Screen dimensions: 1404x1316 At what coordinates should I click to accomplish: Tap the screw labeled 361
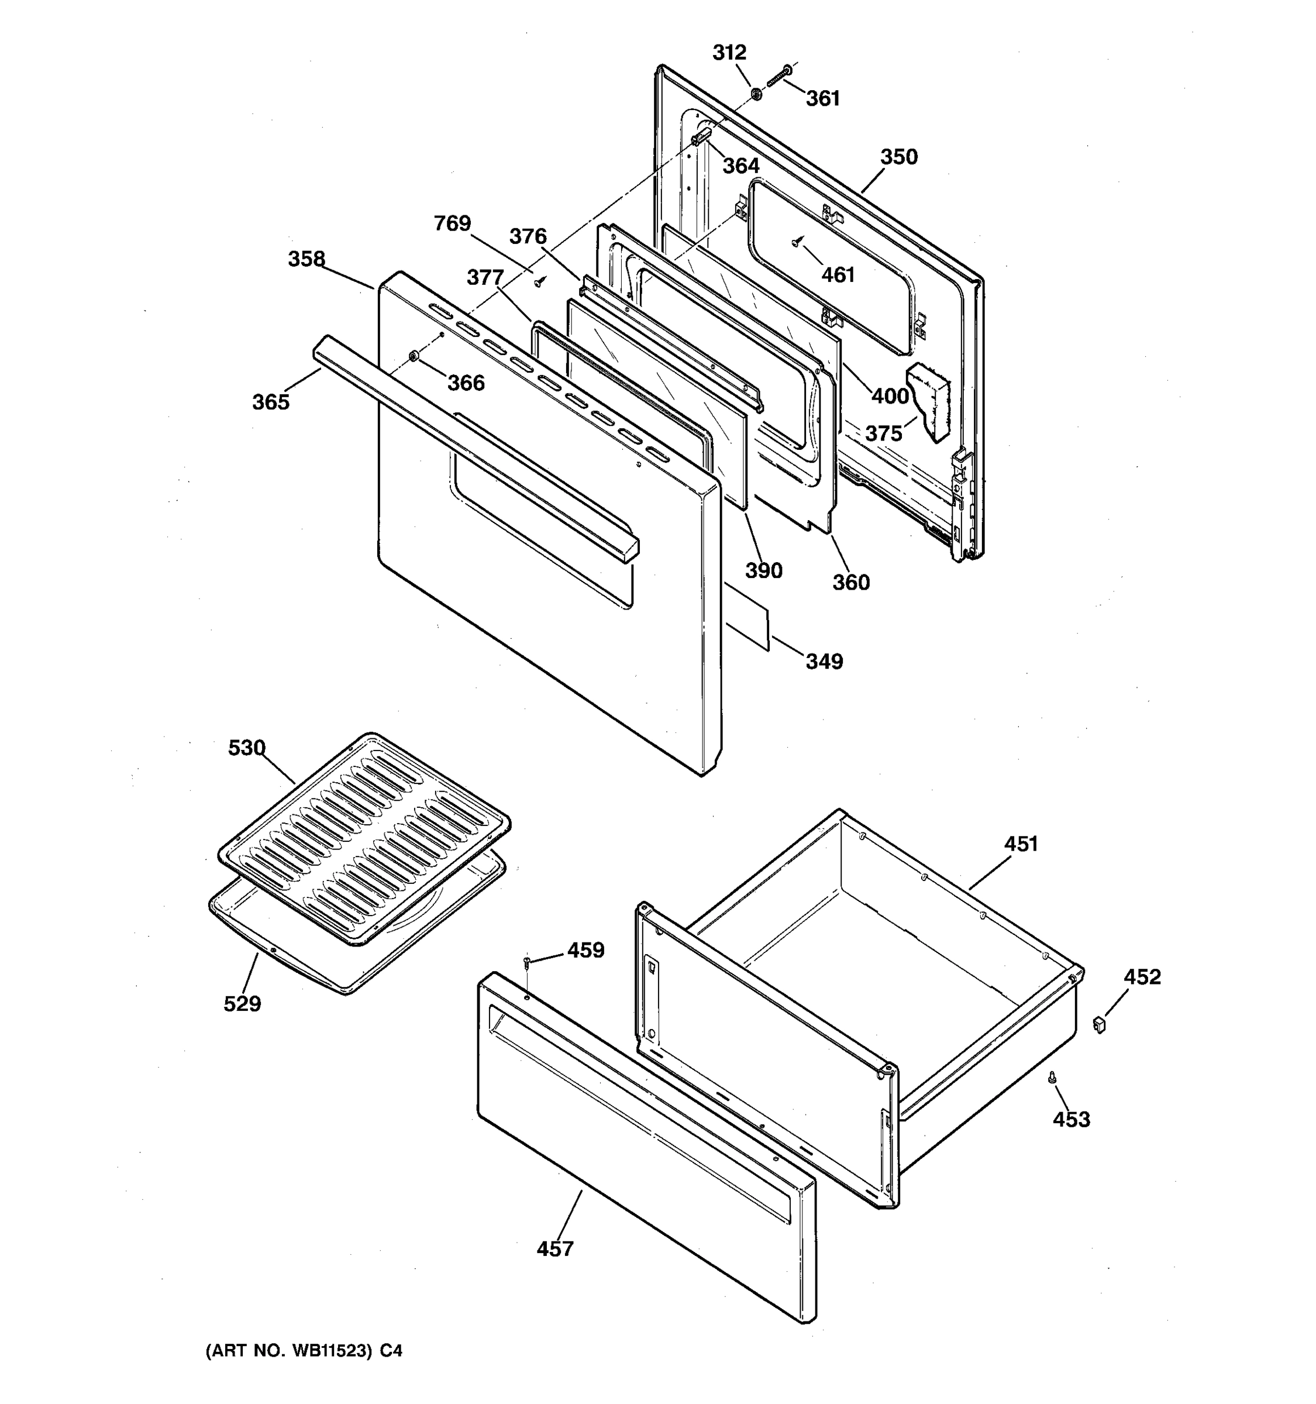(777, 76)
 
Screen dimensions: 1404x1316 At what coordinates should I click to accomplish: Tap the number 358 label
(306, 259)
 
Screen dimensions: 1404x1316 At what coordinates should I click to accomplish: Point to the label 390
(763, 570)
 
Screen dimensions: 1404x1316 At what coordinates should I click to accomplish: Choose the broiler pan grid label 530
(246, 747)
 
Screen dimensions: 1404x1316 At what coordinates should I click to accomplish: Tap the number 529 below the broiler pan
(242, 1003)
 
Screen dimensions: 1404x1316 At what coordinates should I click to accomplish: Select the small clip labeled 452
(1098, 1023)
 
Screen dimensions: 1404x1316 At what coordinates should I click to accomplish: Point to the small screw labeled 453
(1052, 1078)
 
